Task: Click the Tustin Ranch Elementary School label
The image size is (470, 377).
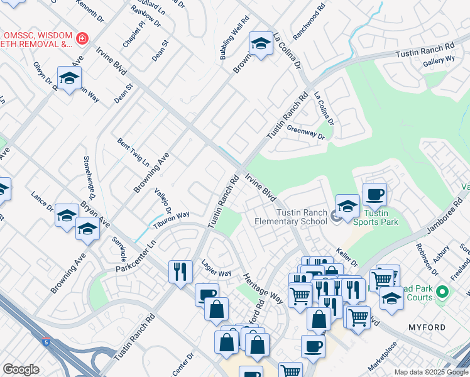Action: click(290, 215)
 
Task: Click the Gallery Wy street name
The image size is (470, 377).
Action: click(439, 60)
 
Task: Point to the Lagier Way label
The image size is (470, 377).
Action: click(216, 269)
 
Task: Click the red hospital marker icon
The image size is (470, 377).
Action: click(81, 40)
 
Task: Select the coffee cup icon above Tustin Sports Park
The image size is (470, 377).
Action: click(374, 194)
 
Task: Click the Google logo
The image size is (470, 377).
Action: click(21, 369)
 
